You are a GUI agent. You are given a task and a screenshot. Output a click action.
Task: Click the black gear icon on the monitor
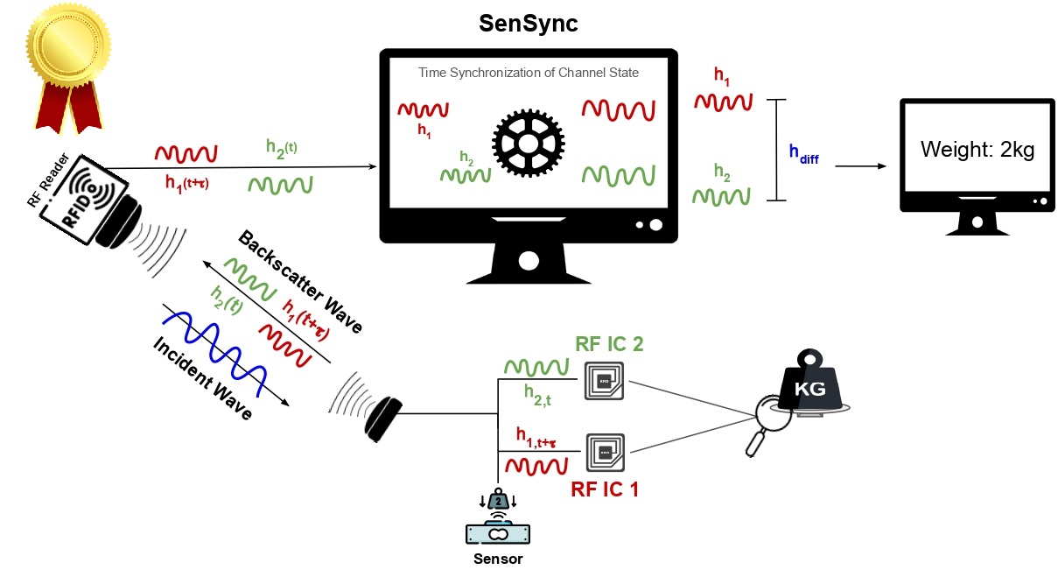(x=528, y=141)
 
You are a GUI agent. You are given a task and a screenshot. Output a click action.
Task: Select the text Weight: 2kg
(x=977, y=150)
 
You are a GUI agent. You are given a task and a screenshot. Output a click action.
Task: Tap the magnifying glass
(x=770, y=420)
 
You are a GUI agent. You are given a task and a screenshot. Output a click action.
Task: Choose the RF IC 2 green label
(x=609, y=343)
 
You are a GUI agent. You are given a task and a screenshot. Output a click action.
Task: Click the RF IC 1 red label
(x=605, y=489)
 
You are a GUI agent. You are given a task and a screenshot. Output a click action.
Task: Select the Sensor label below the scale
(x=498, y=559)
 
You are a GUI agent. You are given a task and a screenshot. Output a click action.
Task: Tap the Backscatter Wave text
(x=300, y=283)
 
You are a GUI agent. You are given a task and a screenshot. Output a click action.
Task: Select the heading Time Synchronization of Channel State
(x=528, y=73)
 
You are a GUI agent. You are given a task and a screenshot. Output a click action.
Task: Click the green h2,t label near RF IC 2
(x=536, y=395)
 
